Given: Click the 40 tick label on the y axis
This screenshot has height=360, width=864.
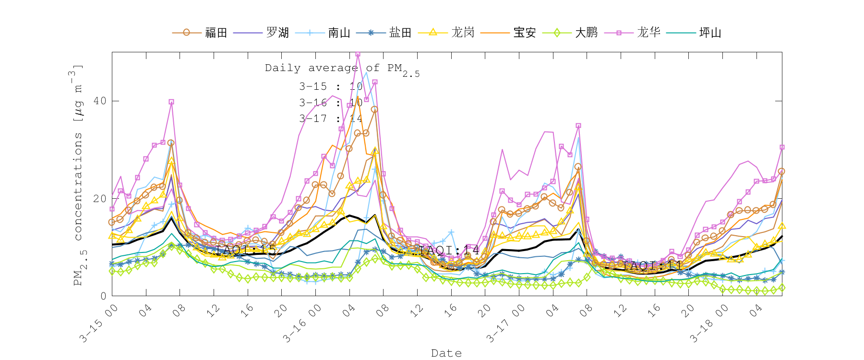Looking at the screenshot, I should [x=100, y=101].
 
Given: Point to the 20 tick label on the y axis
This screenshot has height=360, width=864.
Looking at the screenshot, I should [x=100, y=198].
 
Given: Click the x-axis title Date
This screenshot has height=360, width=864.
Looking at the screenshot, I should [x=446, y=353].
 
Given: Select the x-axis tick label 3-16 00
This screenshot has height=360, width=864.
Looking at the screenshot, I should [x=301, y=324].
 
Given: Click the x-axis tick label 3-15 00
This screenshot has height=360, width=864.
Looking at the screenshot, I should [x=98, y=324].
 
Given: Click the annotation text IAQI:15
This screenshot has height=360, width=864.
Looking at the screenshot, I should [x=246, y=250].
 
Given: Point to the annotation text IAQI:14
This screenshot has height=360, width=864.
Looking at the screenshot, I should [x=449, y=250].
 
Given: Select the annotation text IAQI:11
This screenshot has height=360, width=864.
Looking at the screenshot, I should [x=653, y=265].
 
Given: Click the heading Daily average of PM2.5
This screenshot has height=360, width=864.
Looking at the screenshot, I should [x=342, y=69].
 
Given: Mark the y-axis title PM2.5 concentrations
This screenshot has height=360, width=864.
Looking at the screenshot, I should [x=78, y=175].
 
